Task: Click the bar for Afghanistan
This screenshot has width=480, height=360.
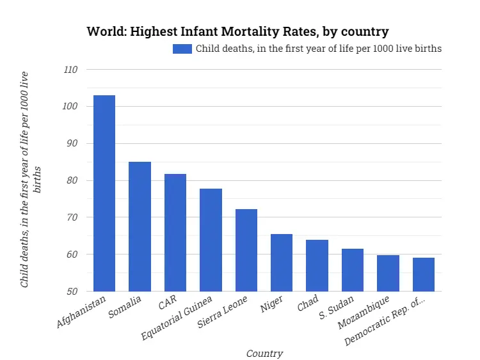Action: pos(104,193)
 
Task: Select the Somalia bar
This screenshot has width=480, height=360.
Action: pos(140,226)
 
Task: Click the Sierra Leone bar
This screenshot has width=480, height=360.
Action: pos(246,250)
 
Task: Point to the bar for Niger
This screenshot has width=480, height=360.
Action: pos(282,262)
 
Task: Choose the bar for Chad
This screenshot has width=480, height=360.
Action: pos(317,265)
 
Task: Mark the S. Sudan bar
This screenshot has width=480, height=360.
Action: pos(353,270)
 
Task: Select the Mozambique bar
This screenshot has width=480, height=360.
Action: pos(388,273)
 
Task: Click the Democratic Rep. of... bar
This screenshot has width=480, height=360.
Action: pos(424,274)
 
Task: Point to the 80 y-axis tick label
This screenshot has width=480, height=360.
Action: pos(72,180)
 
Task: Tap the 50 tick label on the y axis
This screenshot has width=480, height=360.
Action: pos(72,292)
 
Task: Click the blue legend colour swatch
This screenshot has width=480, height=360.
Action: pos(182,49)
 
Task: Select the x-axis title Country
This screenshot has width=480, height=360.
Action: pos(264,353)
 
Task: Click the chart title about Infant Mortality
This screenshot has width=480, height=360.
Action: pos(237,31)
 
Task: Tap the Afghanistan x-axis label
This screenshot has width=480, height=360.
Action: pos(82,312)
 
